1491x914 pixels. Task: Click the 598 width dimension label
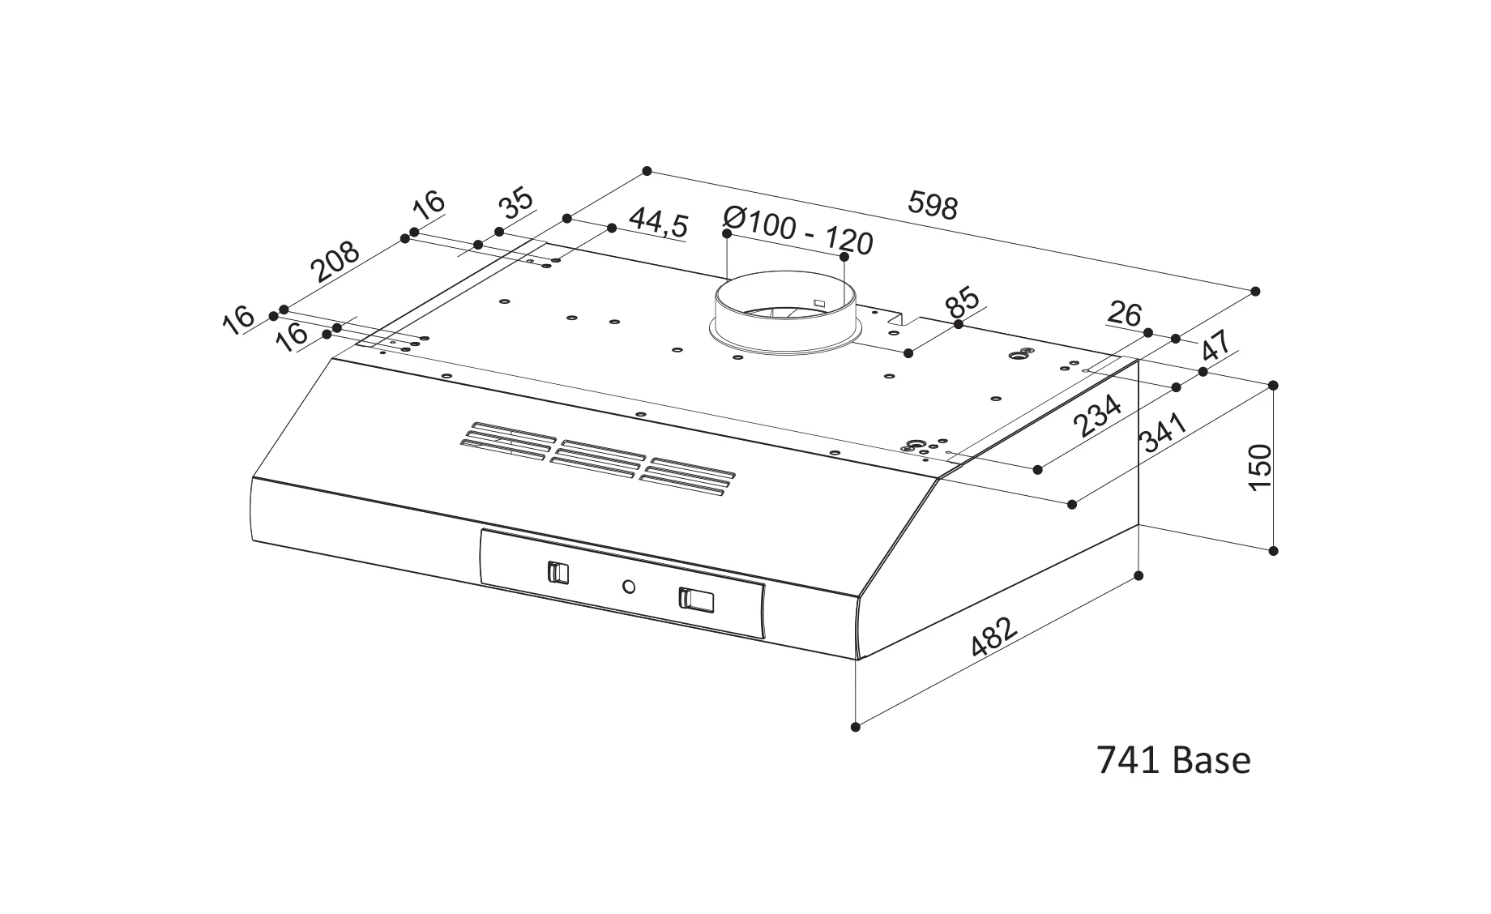(x=933, y=206)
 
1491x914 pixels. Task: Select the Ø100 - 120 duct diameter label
(x=798, y=230)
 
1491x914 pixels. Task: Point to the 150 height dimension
(x=1260, y=468)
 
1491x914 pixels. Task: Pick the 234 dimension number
(x=1097, y=415)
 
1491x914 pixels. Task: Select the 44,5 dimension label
(x=658, y=224)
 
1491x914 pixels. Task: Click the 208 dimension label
(x=335, y=260)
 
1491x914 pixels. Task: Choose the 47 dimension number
(x=1216, y=346)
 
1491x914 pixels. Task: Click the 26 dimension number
(x=1124, y=314)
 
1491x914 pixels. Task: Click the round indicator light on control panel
(x=629, y=586)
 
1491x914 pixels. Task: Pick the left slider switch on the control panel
(x=558, y=572)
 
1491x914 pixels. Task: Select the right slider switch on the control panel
(x=696, y=600)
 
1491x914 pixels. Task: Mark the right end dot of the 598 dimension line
(x=1256, y=291)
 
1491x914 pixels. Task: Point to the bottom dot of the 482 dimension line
(x=857, y=728)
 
